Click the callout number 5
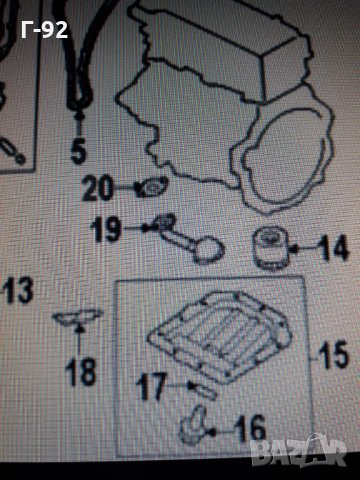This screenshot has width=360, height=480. [x=79, y=151]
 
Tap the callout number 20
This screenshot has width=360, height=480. [x=97, y=188]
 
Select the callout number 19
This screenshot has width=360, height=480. [x=105, y=229]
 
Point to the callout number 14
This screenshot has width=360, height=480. [x=334, y=247]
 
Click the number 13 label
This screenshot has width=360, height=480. [x=18, y=290]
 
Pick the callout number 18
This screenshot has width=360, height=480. [x=81, y=371]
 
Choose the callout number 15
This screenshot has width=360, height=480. [x=333, y=355]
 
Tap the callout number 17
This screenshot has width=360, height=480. [x=151, y=387]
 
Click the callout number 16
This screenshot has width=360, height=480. [x=250, y=429]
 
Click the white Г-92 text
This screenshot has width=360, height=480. [x=44, y=30]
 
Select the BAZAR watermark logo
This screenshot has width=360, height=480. [x=298, y=450]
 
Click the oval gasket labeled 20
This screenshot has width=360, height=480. [x=152, y=187]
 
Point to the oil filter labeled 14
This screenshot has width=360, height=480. [x=271, y=248]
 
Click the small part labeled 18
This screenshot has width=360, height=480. [x=79, y=317]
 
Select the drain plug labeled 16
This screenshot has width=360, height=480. [x=193, y=425]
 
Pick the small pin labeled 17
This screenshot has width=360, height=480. [x=204, y=391]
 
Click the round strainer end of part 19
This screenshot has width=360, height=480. [x=209, y=250]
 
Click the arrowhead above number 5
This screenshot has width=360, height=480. [x=79, y=117]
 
